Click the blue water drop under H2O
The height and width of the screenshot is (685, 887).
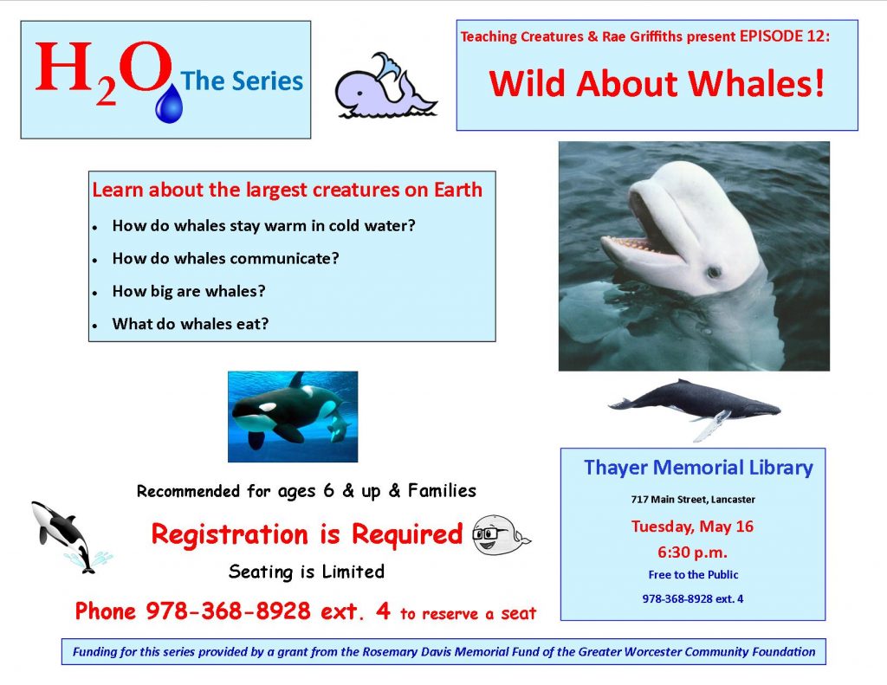[x=169, y=104]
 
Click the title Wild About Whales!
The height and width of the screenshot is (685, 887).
[x=657, y=83]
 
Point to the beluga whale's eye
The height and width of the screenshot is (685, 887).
[x=714, y=272]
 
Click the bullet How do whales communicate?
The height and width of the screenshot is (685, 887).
[x=226, y=259]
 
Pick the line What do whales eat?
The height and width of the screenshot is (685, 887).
[x=190, y=324]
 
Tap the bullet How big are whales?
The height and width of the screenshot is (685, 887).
[x=188, y=291]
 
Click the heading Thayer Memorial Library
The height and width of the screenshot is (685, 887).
[x=698, y=468]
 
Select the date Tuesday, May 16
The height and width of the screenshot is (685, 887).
[x=692, y=527]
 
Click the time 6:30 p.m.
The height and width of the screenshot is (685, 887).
[x=692, y=553]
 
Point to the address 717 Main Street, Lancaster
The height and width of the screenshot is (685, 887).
[x=693, y=500]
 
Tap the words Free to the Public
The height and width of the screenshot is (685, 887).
[x=693, y=575]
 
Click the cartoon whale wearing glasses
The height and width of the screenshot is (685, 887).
[x=501, y=534]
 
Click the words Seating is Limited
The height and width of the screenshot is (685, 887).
[x=307, y=572]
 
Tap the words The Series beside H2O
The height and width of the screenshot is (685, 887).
[x=242, y=81]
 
